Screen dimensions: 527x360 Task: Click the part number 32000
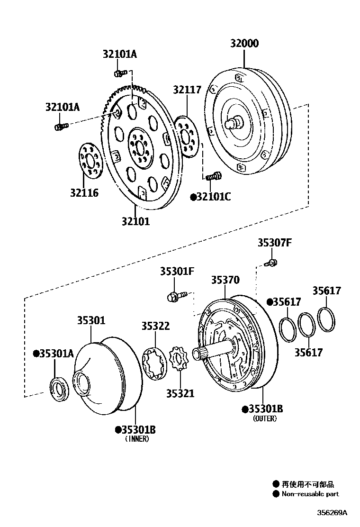click(244, 44)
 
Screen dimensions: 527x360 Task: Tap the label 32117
click(187, 90)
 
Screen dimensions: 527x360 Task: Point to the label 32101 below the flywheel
click(135, 221)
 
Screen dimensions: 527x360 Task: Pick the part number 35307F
click(274, 243)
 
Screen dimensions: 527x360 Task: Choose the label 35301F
click(177, 271)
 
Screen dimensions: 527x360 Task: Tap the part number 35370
click(225, 280)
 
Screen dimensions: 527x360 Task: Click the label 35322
click(155, 326)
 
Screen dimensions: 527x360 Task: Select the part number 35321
click(180, 393)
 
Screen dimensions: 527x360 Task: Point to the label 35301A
click(54, 353)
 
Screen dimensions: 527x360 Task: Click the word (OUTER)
click(265, 418)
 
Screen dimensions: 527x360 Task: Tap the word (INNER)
click(137, 439)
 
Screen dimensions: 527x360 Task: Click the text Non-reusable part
click(310, 494)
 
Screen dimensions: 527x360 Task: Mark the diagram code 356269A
click(332, 513)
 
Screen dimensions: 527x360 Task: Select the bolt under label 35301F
click(174, 297)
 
